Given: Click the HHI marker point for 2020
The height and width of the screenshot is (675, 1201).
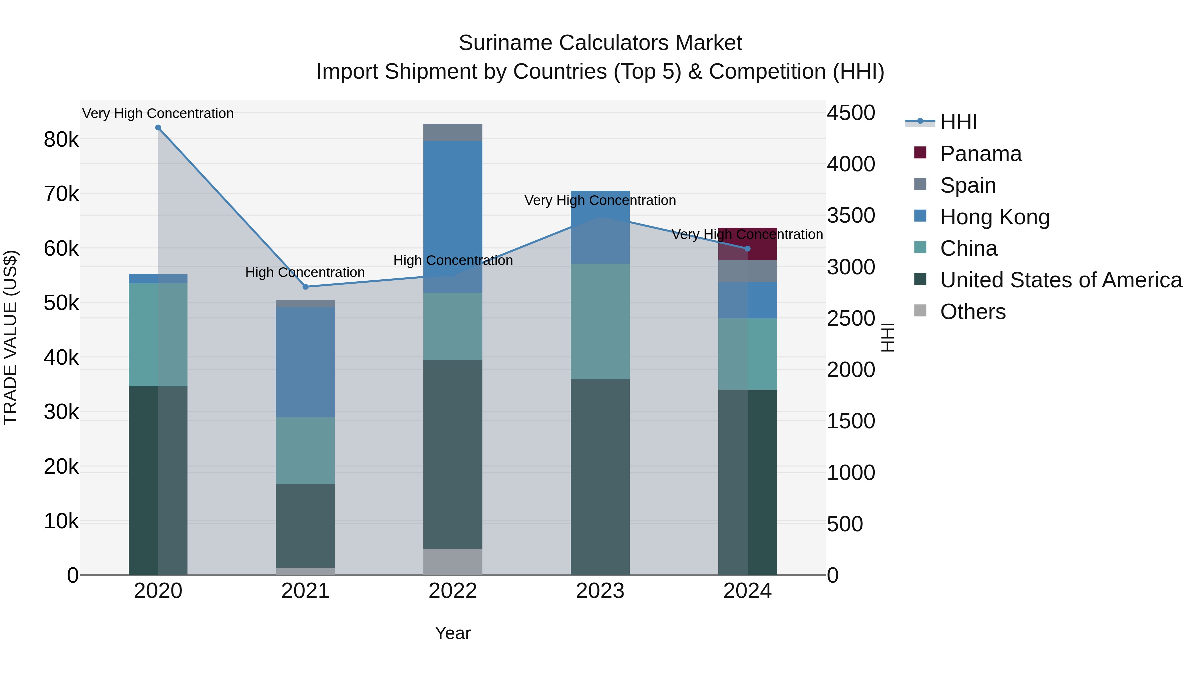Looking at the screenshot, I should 158,128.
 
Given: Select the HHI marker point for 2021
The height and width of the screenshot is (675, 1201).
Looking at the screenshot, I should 305,286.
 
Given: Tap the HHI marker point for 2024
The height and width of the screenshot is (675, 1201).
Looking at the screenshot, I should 747,249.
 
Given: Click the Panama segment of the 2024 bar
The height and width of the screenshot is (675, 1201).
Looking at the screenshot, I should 747,244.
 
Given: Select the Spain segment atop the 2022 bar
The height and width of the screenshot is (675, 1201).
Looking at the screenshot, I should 453,132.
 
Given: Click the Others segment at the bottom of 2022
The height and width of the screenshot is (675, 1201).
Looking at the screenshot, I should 453,562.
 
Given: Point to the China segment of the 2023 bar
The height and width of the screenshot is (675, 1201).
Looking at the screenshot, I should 600,321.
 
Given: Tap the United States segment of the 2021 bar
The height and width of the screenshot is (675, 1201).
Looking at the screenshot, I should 305,525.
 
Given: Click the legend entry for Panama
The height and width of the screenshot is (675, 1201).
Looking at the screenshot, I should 980,154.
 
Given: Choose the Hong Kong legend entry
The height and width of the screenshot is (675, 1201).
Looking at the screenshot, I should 994,217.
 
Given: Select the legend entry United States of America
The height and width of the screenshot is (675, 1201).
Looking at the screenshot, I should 1060,280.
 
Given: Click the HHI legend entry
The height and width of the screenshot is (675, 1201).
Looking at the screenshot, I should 958,122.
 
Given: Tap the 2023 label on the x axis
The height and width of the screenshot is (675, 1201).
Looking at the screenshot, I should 600,591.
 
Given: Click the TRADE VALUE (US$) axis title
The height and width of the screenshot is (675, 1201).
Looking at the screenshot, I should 10,337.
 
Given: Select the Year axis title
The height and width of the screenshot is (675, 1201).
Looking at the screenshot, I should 453,633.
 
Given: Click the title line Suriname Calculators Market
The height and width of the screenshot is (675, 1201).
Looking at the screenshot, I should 600,43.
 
